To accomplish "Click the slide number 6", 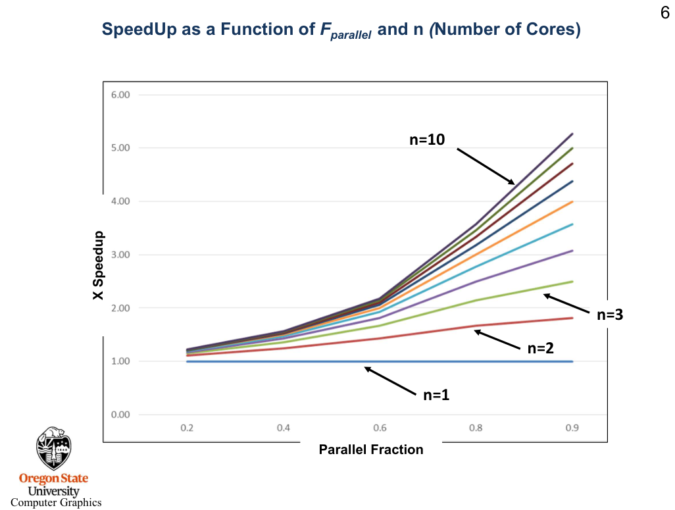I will (664, 14).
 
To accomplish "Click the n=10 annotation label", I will (427, 140).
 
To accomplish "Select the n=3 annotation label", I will (610, 315).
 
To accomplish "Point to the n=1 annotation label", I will (436, 395).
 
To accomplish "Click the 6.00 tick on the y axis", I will (120, 95).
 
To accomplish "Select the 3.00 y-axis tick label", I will (120, 255).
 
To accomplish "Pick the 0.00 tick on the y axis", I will (120, 415).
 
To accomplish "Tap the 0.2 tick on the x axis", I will (187, 428).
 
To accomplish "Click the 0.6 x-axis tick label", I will (380, 428).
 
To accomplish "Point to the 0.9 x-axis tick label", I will (572, 428).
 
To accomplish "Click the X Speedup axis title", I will (98, 266).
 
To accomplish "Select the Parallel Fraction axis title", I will (371, 450).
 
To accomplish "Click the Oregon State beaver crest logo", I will (53, 448).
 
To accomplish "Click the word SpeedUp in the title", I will (134, 30).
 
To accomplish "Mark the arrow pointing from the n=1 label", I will (391, 380).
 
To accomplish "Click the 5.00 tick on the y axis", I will (120, 148).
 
